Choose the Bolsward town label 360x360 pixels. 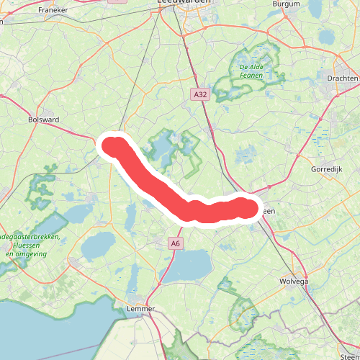tap(42, 119)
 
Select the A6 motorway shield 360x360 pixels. tap(176, 244)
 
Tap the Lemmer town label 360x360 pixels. tap(140, 308)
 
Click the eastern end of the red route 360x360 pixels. tap(248, 208)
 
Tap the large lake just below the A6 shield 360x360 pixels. tap(189, 269)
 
